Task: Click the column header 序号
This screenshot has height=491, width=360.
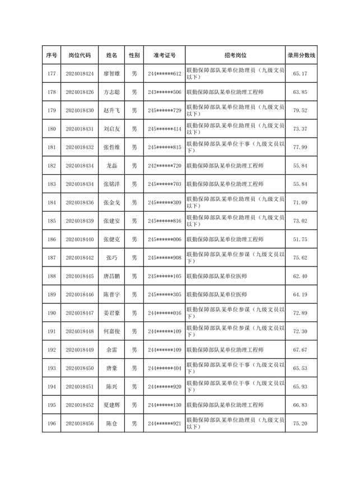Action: [x=52, y=55]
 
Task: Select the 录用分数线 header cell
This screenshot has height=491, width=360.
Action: [x=301, y=55]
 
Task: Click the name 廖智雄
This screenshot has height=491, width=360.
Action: [x=111, y=74]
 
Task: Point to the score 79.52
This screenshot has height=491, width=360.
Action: [x=301, y=111]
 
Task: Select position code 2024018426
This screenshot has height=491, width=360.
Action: [x=80, y=92]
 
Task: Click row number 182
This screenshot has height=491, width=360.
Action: [x=52, y=166]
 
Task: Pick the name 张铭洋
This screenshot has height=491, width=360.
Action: [x=111, y=184]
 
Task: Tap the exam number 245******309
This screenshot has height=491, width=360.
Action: [x=165, y=203]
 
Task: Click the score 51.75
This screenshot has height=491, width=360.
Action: [x=301, y=240]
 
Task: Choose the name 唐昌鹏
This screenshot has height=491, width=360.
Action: [x=111, y=277]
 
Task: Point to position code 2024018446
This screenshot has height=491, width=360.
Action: [x=80, y=294]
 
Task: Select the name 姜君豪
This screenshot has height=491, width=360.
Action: [x=111, y=313]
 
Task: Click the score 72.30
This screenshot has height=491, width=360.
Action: [x=301, y=331]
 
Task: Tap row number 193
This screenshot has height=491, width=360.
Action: [x=52, y=368]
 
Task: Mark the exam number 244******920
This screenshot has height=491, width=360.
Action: [x=165, y=387]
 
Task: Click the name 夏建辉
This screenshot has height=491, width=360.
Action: [x=111, y=405]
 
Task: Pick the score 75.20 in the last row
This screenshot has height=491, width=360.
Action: [x=301, y=424]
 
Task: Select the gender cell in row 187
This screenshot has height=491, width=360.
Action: [x=134, y=258]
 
